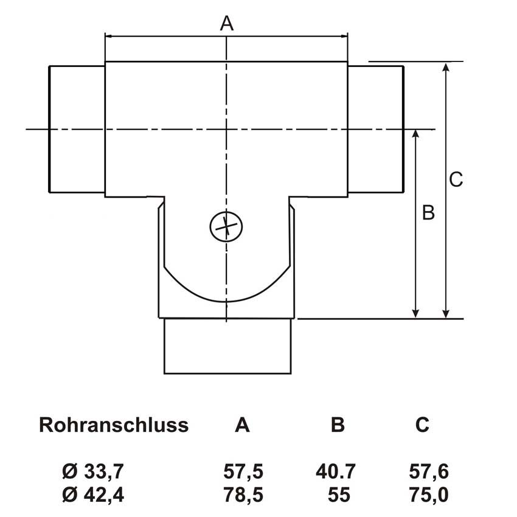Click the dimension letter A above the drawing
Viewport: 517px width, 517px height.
226,24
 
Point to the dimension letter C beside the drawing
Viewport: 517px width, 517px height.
456,179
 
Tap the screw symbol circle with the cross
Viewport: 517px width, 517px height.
226,226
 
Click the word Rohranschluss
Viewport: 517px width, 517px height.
114,425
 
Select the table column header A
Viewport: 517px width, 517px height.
242,425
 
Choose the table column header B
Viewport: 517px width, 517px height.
338,425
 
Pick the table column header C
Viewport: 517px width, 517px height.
422,425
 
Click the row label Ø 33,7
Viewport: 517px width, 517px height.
93,471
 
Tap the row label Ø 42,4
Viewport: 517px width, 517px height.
93,495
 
